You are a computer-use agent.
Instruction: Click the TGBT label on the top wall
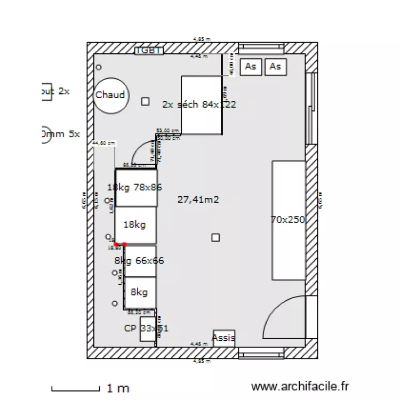[x=149, y=50]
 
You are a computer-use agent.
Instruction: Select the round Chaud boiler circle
[x=110, y=96]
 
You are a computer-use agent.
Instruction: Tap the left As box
[x=251, y=67]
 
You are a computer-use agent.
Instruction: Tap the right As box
[x=275, y=67]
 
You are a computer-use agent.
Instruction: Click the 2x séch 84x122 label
[x=199, y=105]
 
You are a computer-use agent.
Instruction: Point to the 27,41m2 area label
[x=198, y=200]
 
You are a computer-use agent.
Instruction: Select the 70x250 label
[x=288, y=219]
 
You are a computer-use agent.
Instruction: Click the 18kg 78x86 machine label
[x=134, y=187]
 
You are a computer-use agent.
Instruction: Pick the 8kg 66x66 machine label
[x=139, y=261]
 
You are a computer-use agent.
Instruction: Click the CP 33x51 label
[x=146, y=329]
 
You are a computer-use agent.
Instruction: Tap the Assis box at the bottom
[x=223, y=338]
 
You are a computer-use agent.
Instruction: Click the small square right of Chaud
[x=145, y=101]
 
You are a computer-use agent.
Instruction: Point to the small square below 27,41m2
[x=215, y=237]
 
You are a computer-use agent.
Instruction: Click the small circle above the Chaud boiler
[x=99, y=67]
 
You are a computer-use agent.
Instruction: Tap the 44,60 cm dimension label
[x=104, y=143]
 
